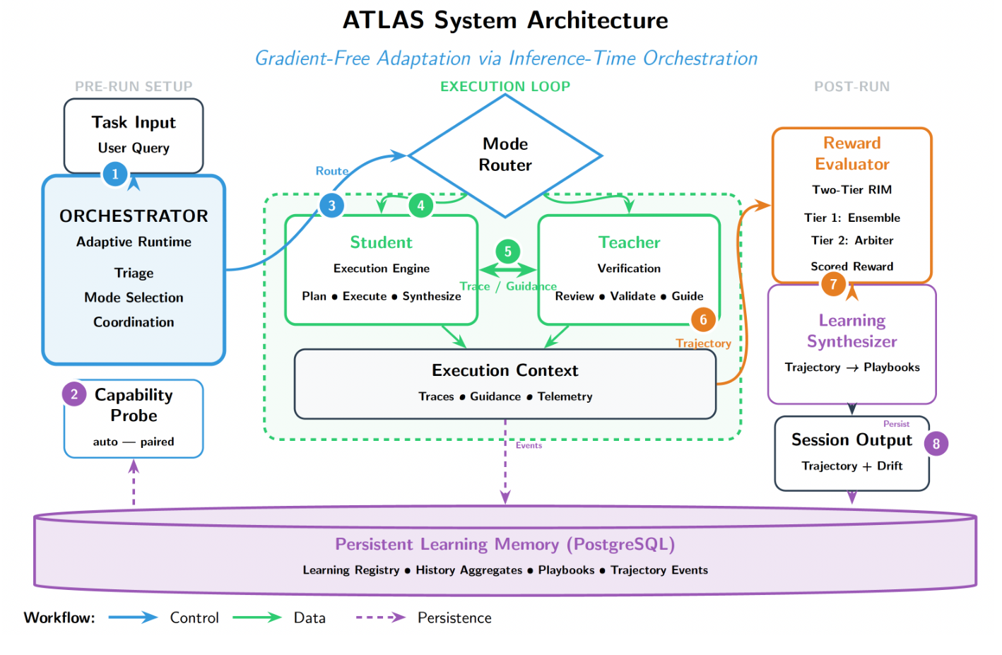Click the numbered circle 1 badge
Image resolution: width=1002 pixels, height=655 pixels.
click(x=115, y=174)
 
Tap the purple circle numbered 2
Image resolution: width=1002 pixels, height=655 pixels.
click(x=74, y=394)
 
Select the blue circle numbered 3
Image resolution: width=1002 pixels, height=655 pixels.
click(x=331, y=206)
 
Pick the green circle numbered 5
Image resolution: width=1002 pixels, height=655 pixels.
click(x=507, y=252)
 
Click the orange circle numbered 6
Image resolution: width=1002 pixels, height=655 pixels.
click(x=702, y=319)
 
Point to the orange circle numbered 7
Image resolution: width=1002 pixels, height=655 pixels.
click(x=833, y=284)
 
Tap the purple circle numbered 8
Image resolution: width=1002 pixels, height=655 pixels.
click(x=936, y=444)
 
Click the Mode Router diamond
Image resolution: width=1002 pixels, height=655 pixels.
click(x=505, y=155)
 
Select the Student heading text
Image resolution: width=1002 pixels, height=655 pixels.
click(x=381, y=242)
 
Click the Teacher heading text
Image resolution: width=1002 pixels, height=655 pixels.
click(x=629, y=242)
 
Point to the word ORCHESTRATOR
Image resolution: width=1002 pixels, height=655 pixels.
click(x=134, y=216)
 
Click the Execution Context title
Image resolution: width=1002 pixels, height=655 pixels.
click(x=505, y=370)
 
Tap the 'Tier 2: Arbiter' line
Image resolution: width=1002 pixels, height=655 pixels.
click(x=851, y=240)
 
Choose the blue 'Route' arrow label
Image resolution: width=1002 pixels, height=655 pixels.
click(x=331, y=171)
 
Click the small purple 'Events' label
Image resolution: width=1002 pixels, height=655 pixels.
click(x=529, y=445)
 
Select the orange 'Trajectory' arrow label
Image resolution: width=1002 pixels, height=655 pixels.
click(x=703, y=343)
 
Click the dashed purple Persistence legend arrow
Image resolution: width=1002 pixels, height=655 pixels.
click(x=380, y=618)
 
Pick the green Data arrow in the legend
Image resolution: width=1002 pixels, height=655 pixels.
click(x=257, y=618)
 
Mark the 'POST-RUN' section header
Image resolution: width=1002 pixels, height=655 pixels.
click(x=851, y=87)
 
